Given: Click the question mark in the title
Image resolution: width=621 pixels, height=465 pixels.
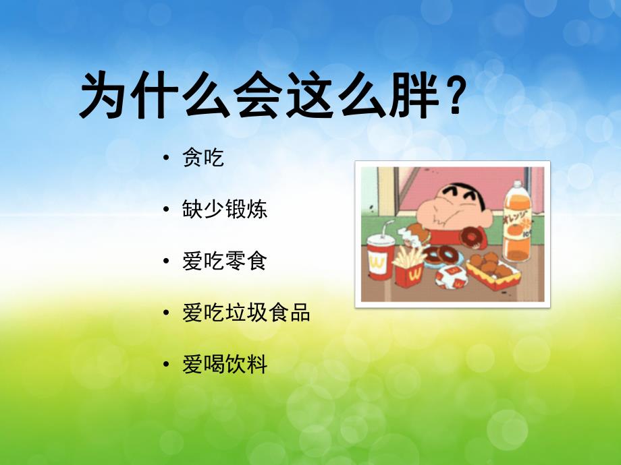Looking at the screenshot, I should click(x=454, y=96).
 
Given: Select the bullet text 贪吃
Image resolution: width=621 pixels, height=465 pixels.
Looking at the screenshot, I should click(x=203, y=158).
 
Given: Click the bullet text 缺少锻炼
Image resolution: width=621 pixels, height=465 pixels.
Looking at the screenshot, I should click(x=225, y=209).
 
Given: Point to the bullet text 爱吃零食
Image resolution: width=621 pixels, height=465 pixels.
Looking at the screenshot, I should click(x=225, y=261).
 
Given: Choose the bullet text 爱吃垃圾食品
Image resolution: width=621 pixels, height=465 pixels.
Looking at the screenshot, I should click(x=246, y=313).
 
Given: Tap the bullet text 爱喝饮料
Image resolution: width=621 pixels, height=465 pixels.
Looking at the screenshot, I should click(x=225, y=365).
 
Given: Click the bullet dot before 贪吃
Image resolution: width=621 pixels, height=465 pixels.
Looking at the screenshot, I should click(x=166, y=159).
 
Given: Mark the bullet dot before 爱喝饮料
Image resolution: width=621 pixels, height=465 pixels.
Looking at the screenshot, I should click(x=166, y=365).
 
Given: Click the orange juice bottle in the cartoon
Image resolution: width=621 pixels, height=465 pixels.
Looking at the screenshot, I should click(x=517, y=226).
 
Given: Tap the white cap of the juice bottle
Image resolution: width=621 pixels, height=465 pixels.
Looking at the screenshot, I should click(x=517, y=184).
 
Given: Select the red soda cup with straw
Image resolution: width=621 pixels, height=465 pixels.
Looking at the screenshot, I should click(x=379, y=255).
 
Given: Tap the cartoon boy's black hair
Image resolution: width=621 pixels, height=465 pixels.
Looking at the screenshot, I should click(x=446, y=189).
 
